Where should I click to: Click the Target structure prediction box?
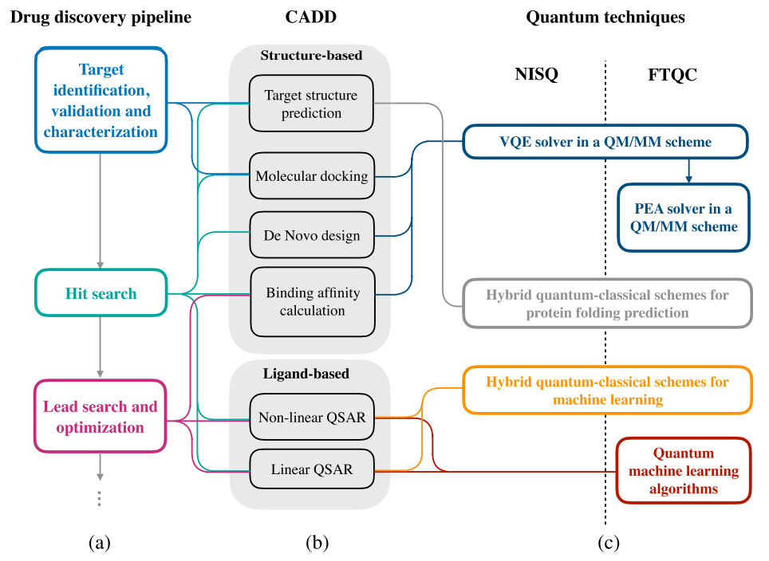[x=311, y=104]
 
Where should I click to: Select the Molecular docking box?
[x=311, y=176]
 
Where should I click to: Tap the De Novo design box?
[x=311, y=235]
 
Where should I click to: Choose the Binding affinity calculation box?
[x=312, y=301]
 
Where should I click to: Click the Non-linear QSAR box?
[x=311, y=417]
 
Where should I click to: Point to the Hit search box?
[x=101, y=293]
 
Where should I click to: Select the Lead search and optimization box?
[x=101, y=417]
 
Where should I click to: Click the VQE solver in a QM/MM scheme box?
[x=605, y=143]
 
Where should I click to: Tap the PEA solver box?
[x=684, y=218]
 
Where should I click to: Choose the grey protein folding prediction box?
[x=607, y=304]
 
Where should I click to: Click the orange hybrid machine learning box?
[x=607, y=390]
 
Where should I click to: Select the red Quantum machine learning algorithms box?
[x=684, y=470]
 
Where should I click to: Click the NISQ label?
[x=536, y=75]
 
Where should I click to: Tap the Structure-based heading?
[x=311, y=56]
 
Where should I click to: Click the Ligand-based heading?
[x=311, y=372]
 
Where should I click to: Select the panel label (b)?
[x=317, y=543]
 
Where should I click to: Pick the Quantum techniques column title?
[x=605, y=17]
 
